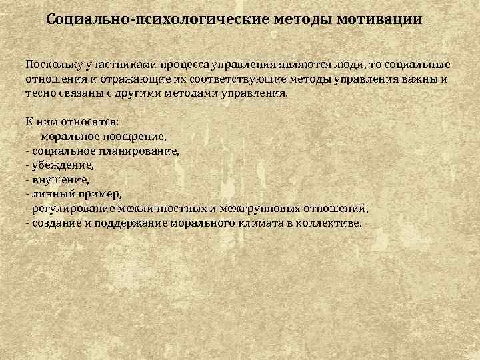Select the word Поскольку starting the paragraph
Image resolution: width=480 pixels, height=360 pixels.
51,67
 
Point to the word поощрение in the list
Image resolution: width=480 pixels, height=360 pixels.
137,136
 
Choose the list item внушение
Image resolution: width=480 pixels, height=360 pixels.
60,179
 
